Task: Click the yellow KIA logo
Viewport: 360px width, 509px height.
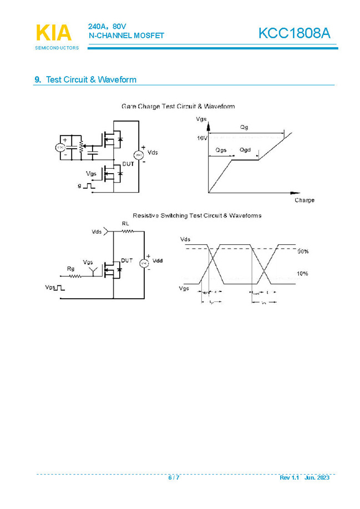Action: coord(54,33)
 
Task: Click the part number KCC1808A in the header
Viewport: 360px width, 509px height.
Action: coord(294,33)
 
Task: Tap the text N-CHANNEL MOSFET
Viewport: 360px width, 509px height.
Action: coord(126,36)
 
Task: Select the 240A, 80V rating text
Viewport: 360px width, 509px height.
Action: coord(108,27)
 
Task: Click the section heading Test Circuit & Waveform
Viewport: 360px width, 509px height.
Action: coord(91,80)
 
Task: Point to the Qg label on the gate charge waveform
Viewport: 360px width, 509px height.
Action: coord(244,128)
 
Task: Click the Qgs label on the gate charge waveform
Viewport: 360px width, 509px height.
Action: coord(221,150)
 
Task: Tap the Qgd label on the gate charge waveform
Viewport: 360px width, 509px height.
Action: coord(245,150)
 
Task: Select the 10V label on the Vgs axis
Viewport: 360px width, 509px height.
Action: coord(202,137)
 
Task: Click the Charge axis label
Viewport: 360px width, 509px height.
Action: coord(304,200)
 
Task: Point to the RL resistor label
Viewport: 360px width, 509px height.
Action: coord(125,224)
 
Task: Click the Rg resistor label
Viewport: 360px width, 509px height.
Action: coord(70,269)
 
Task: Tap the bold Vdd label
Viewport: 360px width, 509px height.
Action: coord(158,261)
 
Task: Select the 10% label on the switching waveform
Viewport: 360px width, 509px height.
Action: coord(302,274)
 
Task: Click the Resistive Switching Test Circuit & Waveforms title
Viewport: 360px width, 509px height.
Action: coord(197,215)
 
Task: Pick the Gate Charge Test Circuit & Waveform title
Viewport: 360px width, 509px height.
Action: coord(178,106)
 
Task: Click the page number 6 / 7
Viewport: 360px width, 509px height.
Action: coord(174,478)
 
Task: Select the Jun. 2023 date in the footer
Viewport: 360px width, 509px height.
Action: coord(317,478)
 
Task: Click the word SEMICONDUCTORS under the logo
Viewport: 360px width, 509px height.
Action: coord(57,48)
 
